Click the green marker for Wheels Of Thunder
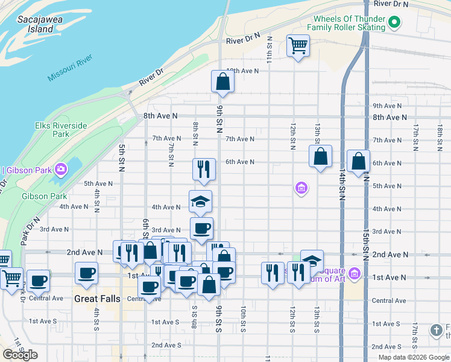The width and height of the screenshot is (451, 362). (394, 24)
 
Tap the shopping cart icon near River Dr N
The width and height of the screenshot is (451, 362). (298, 45)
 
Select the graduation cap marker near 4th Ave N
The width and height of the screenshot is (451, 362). (201, 201)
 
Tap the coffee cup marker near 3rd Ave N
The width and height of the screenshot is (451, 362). (201, 228)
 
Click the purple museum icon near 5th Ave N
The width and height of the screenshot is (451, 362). (301, 189)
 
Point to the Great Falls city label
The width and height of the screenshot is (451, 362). (98, 299)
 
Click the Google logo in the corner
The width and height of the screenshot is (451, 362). (20, 355)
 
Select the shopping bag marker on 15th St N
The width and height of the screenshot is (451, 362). (358, 161)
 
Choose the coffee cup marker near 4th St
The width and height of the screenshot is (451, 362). (86, 273)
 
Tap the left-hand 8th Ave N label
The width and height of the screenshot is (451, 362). (160, 115)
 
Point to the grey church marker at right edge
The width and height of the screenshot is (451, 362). (437, 330)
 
